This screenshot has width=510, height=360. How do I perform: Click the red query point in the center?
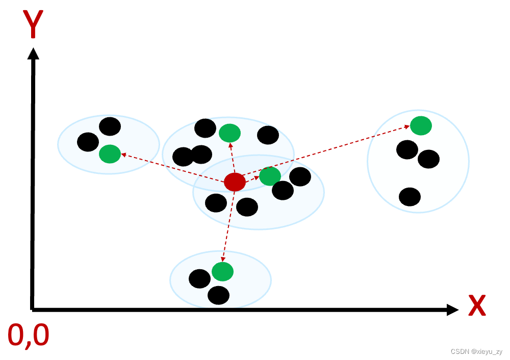point(235,182)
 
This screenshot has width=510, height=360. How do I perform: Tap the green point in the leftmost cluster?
point(110,153)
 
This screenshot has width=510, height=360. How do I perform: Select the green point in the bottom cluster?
point(222,271)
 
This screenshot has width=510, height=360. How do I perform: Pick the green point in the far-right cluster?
point(421,125)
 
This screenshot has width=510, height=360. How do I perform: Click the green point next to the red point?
point(270,176)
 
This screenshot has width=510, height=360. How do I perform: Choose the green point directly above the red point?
point(229,133)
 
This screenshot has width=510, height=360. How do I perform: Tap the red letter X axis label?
point(476,306)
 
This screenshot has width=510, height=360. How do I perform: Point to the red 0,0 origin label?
point(29,336)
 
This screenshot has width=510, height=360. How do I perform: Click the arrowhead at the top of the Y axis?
point(34,53)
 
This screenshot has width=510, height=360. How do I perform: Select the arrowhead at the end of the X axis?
point(452,310)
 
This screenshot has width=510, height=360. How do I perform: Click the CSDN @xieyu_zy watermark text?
point(476,352)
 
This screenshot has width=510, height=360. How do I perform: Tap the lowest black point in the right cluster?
point(410,197)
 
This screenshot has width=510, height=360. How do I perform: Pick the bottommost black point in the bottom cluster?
point(218,295)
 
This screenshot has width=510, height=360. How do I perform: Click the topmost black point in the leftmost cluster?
point(110,126)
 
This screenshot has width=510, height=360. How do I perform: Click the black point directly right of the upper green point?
point(268,135)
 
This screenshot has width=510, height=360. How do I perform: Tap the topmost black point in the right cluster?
point(407,149)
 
